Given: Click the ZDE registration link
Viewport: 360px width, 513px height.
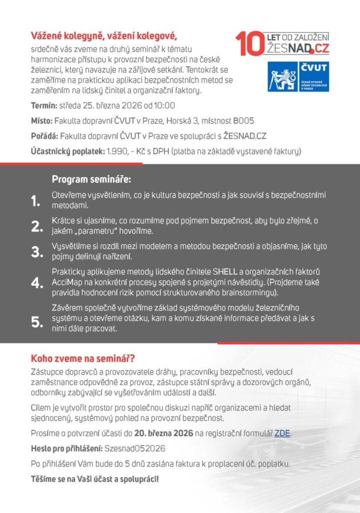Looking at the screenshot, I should pyautogui.click(x=282, y=433).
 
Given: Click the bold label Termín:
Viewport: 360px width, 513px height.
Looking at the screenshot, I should pyautogui.click(x=44, y=106).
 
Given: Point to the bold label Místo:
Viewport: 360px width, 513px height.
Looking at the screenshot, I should pyautogui.click(x=42, y=121).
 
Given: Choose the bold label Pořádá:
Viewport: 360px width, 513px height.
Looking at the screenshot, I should pyautogui.click(x=44, y=136).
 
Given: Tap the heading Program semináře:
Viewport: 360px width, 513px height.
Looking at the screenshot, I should pyautogui.click(x=91, y=179).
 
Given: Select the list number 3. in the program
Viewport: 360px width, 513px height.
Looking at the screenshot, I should pyautogui.click(x=37, y=251).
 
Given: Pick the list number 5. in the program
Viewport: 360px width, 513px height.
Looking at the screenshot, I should pyautogui.click(x=37, y=322).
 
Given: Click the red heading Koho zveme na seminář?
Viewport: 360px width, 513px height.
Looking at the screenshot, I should pyautogui.click(x=83, y=359).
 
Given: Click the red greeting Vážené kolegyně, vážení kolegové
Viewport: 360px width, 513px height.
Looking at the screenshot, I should pyautogui.click(x=104, y=37).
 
